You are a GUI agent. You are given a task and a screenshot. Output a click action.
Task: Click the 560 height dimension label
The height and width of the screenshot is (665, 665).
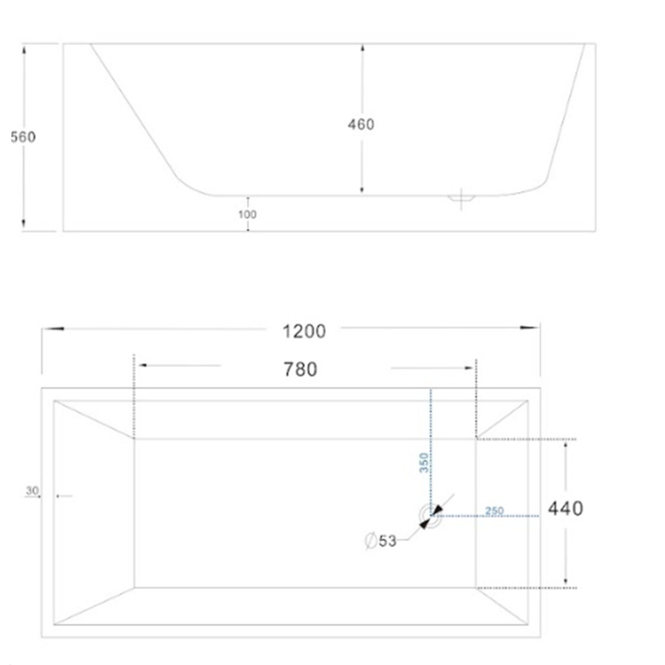click(x=23, y=137)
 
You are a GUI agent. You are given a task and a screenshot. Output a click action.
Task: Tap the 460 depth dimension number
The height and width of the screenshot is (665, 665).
click(x=361, y=124)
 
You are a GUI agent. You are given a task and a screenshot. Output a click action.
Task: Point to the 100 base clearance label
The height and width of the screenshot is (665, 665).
click(x=247, y=214)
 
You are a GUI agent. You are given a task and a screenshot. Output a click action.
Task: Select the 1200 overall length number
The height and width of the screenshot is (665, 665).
click(x=304, y=331)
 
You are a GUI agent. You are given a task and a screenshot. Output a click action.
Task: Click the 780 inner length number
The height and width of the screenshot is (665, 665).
click(x=300, y=369)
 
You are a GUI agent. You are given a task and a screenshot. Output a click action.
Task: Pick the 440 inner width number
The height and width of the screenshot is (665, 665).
click(x=565, y=508)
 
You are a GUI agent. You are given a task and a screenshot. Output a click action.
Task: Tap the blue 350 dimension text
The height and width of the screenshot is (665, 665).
click(x=424, y=463)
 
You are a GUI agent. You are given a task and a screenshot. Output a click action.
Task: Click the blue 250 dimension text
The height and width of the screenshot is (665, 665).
click(x=495, y=511)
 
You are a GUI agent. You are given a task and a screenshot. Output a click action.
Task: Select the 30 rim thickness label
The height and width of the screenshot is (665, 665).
click(x=32, y=490)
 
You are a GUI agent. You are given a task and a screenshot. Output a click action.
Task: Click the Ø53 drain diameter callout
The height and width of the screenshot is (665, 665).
click(x=381, y=541)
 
